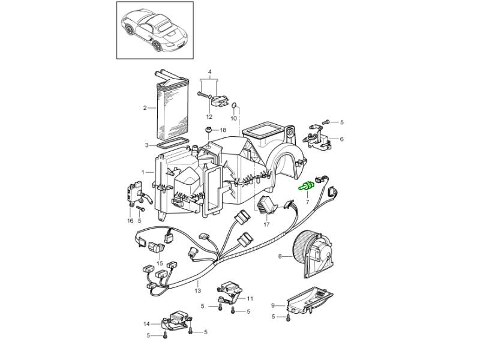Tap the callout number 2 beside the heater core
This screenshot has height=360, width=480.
coord(145,108)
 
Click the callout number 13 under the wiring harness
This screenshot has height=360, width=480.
coord(198,290)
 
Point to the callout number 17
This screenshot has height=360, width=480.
coord(266,224)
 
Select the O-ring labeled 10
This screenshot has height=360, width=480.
coord(233,106)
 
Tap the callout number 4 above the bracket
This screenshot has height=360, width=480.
coord(209,72)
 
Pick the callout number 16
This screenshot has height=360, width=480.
coord(130,220)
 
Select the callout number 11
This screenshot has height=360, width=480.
coord(250,298)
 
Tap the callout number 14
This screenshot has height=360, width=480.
coord(146,323)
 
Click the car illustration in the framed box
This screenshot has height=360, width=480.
coord(155,31)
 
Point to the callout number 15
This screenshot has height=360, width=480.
coord(160,263)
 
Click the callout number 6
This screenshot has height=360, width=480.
coord(342,139)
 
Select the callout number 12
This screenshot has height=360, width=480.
coord(209,116)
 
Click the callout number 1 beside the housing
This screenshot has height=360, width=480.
coord(143,172)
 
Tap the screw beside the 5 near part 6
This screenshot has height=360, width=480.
coord(326,122)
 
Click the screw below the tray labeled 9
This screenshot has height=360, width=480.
coord(287,318)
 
